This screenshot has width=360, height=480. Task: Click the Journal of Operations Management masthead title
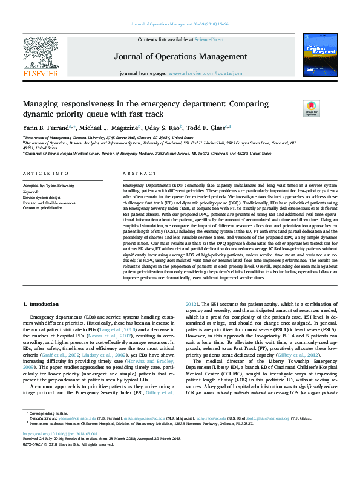pos(180,56)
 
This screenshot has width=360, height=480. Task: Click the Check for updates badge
pos(311,108)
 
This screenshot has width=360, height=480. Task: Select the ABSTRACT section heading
pos(135,173)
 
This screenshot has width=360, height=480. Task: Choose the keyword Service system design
pos(42,197)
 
